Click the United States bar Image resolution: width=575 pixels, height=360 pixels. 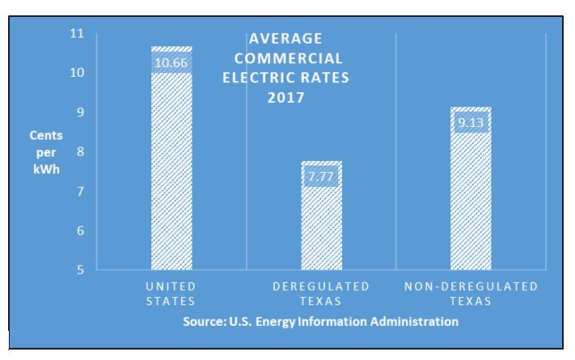[171, 162]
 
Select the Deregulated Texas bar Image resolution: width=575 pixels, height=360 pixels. [321, 218]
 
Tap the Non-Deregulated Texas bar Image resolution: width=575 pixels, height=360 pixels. [471, 194]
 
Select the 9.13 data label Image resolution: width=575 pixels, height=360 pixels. [471, 123]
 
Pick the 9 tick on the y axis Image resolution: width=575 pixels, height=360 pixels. [80, 112]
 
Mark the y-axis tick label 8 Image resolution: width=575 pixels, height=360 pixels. [80, 152]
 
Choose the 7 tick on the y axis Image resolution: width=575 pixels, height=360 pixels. [80, 192]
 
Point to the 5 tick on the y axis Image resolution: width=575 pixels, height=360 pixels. [80, 270]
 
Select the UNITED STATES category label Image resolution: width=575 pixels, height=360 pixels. [171, 294]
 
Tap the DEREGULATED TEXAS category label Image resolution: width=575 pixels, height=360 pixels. [321, 294]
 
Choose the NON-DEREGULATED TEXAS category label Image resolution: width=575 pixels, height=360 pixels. [471, 294]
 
